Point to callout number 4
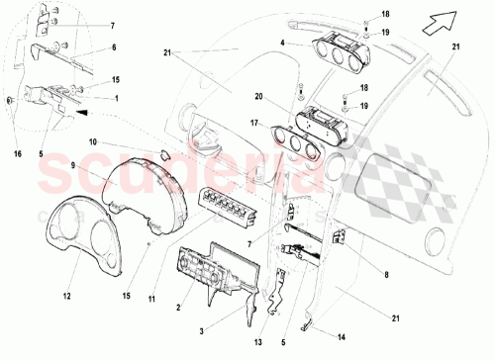pyautogui.click(x=282, y=43)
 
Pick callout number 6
pyautogui.click(x=112, y=46)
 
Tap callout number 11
pyautogui.click(x=152, y=269)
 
